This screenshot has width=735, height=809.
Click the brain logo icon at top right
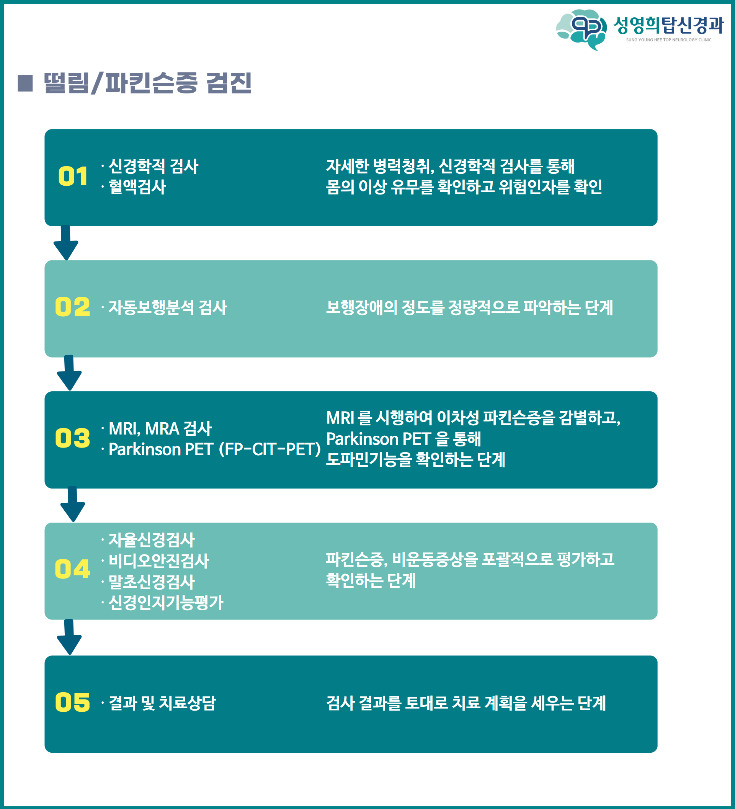pyautogui.click(x=581, y=30)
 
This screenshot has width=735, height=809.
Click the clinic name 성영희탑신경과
pyautogui.click(x=669, y=25)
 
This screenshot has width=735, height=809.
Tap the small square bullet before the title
pyautogui.click(x=25, y=83)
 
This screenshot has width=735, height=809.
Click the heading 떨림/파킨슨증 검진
pyautogui.click(x=148, y=83)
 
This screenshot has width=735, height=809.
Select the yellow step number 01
pyautogui.click(x=73, y=176)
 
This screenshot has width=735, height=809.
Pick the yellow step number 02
pyautogui.click(x=73, y=307)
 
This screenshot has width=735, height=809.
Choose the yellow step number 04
pyautogui.click(x=73, y=569)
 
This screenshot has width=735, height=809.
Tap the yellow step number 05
pyautogui.click(x=73, y=702)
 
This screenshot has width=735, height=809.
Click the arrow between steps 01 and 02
pyautogui.click(x=66, y=243)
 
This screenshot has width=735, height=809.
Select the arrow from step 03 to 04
pyautogui.click(x=73, y=504)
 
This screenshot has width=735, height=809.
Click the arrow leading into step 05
pyautogui.click(x=69, y=637)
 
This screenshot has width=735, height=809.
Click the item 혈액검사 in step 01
pyautogui.click(x=137, y=186)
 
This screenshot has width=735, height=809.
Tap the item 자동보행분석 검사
pyautogui.click(x=168, y=307)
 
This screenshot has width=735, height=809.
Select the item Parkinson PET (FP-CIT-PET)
pyautogui.click(x=215, y=449)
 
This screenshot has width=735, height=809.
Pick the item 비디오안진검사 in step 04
pyautogui.click(x=159, y=561)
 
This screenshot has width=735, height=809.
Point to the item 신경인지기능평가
pyautogui.click(x=166, y=602)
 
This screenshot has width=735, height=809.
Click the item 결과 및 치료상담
pyautogui.click(x=162, y=703)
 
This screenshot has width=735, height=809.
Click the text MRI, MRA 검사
pyautogui.click(x=160, y=428)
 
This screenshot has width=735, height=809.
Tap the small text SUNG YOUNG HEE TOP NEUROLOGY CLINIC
pyautogui.click(x=669, y=40)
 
